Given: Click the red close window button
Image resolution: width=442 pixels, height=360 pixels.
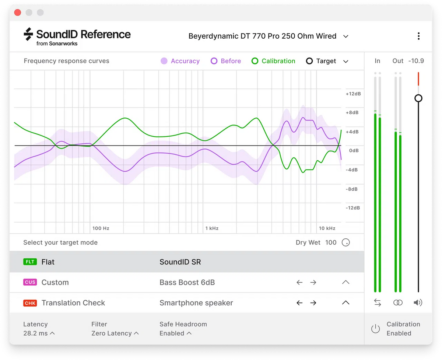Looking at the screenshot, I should tap(17, 13).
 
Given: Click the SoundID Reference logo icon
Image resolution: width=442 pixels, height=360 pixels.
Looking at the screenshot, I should tap(28, 34).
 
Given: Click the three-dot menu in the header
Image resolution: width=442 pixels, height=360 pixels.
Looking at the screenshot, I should tap(418, 36).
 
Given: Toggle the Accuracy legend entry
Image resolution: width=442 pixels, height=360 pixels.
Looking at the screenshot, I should tap(180, 61).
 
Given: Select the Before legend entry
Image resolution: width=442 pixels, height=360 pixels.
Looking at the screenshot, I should tap(226, 61).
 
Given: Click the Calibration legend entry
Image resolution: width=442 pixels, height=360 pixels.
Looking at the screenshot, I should tap(273, 61).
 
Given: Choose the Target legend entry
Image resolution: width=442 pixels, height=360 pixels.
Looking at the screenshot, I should tap(321, 61).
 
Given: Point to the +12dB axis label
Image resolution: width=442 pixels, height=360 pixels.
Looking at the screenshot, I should tap(353, 94).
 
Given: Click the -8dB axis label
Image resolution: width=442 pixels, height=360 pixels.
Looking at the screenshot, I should tap(353, 189).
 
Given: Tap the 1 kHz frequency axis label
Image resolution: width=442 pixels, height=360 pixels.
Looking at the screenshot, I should tap(212, 228).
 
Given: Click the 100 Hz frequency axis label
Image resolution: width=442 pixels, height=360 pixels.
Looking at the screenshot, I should tap(101, 228).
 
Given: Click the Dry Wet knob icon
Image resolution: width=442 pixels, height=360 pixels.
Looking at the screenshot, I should tap(345, 242).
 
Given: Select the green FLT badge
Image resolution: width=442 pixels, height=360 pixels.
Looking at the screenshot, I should tap(30, 262).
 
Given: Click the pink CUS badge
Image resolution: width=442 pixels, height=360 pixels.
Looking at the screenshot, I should tap(30, 283).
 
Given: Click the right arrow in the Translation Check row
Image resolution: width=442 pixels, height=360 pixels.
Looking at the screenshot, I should tap(313, 303).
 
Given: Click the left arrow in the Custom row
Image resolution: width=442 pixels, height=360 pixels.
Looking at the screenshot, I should tap(299, 283).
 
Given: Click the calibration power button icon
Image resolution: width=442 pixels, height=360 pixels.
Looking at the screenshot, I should tap(375, 329).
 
